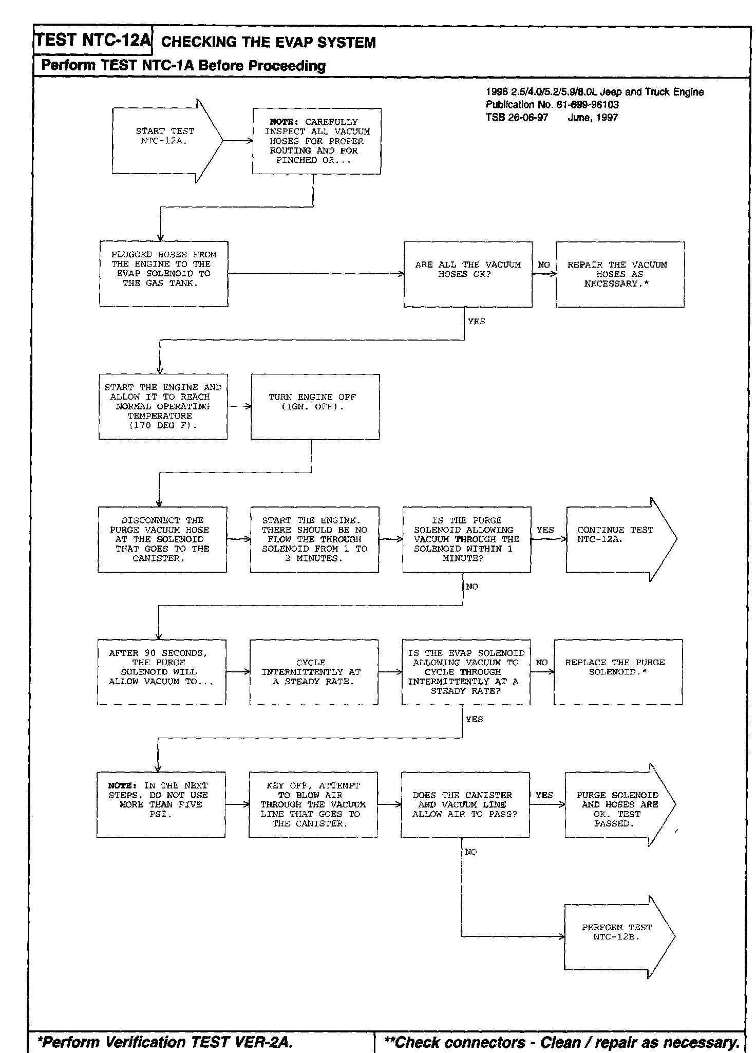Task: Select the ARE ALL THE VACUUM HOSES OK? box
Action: (x=468, y=274)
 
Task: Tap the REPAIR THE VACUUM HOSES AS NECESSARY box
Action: (x=620, y=274)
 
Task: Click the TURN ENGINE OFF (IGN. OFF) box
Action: (x=315, y=407)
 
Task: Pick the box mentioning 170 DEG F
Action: (x=163, y=407)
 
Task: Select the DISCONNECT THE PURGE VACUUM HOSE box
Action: (x=162, y=539)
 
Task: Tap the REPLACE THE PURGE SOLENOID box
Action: (x=618, y=672)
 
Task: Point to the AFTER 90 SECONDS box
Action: (x=161, y=672)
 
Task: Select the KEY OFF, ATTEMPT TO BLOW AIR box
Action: (x=313, y=804)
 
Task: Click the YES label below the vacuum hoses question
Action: (x=476, y=322)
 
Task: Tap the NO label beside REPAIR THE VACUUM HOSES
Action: (x=543, y=265)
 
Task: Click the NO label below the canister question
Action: (x=470, y=852)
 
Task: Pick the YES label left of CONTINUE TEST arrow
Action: (x=545, y=530)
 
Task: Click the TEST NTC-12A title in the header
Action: (x=93, y=40)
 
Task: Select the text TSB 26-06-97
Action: (x=517, y=118)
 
